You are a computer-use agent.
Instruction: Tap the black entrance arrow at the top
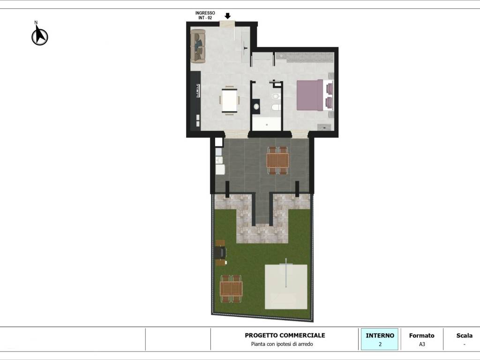(227, 16)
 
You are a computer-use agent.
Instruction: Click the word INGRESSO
(205, 13)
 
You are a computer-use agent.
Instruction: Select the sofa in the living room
(198, 46)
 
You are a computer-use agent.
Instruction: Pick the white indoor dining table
(230, 100)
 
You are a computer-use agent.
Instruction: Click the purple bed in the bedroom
(310, 95)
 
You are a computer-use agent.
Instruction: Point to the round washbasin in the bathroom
(256, 106)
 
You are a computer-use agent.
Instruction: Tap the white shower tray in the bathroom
(266, 124)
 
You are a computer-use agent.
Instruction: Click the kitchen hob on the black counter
(198, 90)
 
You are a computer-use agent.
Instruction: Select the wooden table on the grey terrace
(277, 160)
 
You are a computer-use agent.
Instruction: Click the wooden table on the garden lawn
(231, 289)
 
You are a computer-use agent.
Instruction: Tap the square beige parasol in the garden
(286, 287)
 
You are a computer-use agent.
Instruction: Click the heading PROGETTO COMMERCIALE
(285, 335)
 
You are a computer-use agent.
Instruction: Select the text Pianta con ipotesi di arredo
(282, 344)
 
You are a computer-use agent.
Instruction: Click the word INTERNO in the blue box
(380, 336)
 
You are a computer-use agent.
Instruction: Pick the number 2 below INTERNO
(380, 345)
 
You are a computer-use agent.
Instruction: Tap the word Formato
(421, 336)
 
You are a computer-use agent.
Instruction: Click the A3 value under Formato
(422, 344)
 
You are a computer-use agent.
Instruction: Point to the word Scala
(465, 336)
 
